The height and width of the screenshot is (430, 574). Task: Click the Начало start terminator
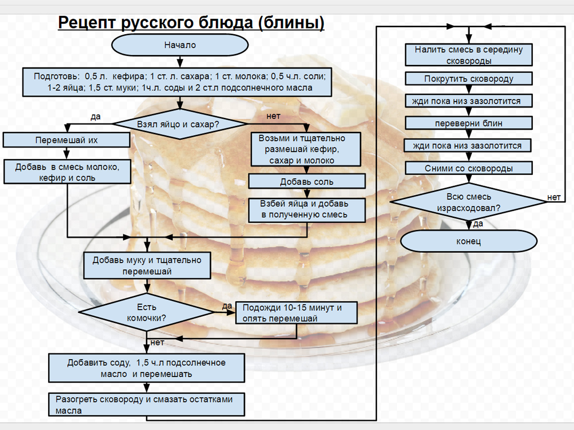click(x=180, y=45)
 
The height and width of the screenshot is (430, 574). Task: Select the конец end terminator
click(x=469, y=241)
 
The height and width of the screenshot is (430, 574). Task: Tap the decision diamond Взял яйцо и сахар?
click(x=179, y=124)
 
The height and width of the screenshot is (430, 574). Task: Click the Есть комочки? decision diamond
click(x=146, y=312)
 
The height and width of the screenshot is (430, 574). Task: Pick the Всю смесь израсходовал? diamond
click(x=469, y=202)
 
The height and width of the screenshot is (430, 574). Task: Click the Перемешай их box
click(x=67, y=140)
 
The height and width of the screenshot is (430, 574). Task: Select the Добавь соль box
click(x=307, y=181)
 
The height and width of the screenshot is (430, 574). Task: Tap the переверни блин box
click(x=469, y=123)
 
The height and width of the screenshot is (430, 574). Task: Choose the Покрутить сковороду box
click(x=469, y=79)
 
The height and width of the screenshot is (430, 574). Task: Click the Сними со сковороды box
click(x=469, y=168)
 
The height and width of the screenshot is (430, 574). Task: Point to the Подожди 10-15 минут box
click(x=296, y=313)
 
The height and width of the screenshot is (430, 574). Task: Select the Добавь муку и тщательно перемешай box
click(x=147, y=265)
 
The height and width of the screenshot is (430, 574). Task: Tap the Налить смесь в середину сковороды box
click(x=469, y=55)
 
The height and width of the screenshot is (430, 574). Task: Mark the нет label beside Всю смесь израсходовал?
click(x=554, y=197)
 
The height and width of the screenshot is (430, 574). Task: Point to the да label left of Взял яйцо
click(x=95, y=117)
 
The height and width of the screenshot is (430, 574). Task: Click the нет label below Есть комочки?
click(x=157, y=342)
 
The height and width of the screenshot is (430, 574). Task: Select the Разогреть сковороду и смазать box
click(x=146, y=405)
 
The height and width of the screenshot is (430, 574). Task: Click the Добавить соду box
click(x=146, y=368)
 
